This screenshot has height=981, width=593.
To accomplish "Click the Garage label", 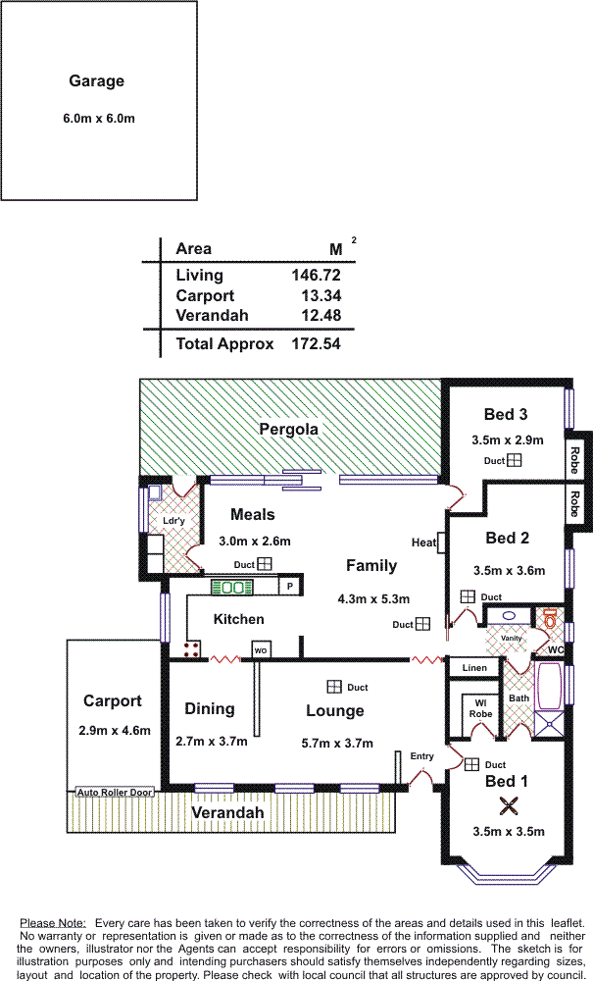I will point(96,81).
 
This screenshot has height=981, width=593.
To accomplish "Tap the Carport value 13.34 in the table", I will point(316,295).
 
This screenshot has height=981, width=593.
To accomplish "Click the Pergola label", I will point(288,429).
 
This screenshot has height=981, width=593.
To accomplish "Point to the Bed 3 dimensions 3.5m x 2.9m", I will point(507,439).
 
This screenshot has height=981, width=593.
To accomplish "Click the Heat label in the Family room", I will point(423,542).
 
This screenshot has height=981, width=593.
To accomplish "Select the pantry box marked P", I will point(289,587).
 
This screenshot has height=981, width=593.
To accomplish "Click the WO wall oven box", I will point(261,649).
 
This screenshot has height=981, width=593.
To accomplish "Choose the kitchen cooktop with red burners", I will point(190,648).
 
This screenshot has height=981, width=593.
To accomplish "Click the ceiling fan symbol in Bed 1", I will point(508,806).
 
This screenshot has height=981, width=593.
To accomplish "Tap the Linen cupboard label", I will point(474,668).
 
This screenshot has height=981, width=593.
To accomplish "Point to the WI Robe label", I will point(480,708).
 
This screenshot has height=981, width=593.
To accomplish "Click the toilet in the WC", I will point(550,619).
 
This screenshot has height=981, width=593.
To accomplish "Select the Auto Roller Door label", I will point(115,792).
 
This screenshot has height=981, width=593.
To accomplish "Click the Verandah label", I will point(227,813).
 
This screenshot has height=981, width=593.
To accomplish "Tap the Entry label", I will point(421,756).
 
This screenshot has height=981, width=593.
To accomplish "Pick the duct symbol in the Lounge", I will point(334,687).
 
